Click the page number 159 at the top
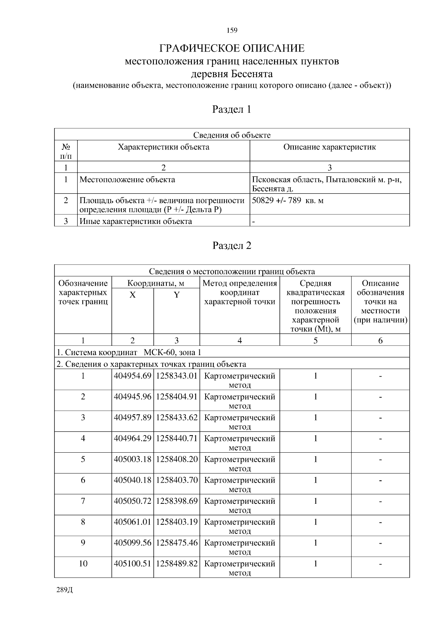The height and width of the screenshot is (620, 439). click(x=232, y=30)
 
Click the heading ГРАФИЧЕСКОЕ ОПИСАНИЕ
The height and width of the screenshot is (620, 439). click(x=232, y=48)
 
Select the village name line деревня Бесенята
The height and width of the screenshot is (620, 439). click(x=232, y=74)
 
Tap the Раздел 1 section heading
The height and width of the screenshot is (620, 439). click(x=232, y=109)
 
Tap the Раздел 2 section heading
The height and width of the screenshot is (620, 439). click(x=232, y=246)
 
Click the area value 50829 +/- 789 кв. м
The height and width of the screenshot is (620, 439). click(x=288, y=201)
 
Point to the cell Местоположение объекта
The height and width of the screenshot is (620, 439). click(x=127, y=180)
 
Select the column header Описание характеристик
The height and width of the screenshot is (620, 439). click(x=329, y=147)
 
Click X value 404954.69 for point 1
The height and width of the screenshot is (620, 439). click(x=132, y=376)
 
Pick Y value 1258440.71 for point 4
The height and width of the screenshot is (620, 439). click(x=177, y=438)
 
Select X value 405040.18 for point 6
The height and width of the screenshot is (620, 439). click(x=132, y=480)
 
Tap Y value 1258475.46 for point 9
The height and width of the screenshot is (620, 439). click(x=177, y=543)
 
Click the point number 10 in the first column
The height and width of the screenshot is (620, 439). click(x=83, y=563)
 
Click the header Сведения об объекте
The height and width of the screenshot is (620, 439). click(x=232, y=135)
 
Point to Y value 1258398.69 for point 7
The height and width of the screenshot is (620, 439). click(x=177, y=501)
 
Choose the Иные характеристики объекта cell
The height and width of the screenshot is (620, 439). click(x=136, y=221)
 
